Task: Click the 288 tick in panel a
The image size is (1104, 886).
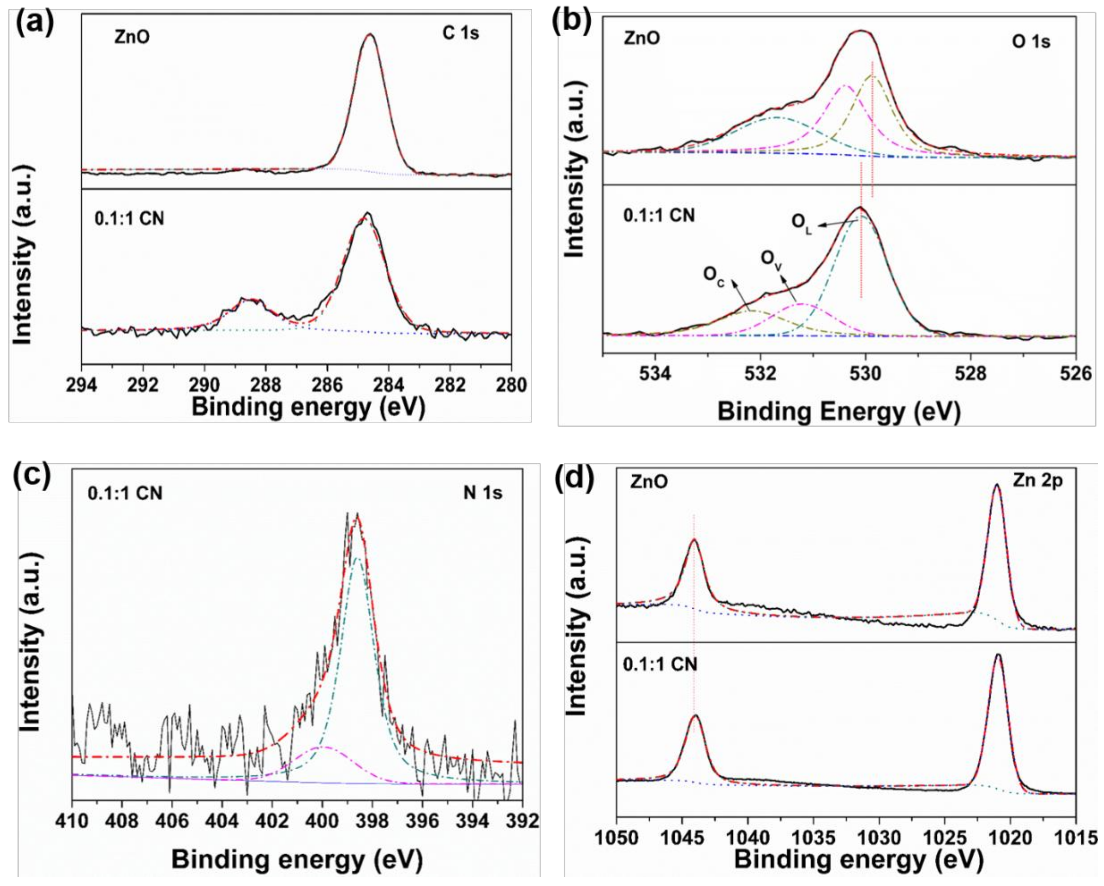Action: click(x=266, y=384)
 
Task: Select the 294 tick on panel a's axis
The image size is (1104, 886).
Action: click(x=82, y=384)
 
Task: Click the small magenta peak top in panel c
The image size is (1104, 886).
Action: click(x=324, y=747)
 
